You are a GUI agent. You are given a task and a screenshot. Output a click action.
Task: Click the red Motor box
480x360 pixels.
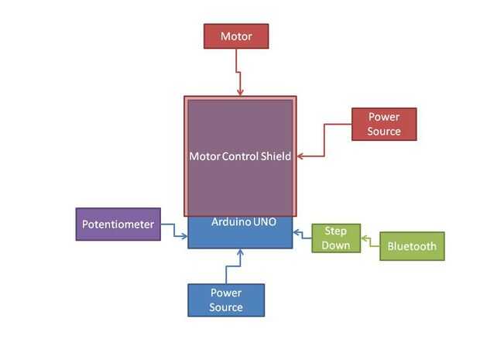pos(236,36)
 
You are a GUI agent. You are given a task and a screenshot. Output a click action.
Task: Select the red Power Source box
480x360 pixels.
pos(384,124)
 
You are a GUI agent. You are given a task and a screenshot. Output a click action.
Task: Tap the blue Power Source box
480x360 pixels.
pos(226,300)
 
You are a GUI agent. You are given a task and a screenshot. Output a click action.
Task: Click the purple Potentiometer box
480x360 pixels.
pos(118,224)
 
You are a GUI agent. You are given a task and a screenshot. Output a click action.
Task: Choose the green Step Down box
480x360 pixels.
pos(336,238)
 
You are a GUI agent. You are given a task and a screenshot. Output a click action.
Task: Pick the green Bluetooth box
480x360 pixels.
pos(412,246)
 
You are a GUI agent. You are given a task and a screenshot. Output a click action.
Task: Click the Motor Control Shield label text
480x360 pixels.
pos(240,156)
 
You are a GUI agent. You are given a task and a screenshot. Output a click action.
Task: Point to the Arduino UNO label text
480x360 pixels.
pos(244,221)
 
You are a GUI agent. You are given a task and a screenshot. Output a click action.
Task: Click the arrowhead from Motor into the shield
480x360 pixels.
pos(240,92)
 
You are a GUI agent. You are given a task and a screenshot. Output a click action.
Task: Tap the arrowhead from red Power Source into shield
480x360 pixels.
pos(300,156)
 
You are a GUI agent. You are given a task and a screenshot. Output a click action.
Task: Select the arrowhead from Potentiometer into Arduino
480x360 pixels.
pos(184,236)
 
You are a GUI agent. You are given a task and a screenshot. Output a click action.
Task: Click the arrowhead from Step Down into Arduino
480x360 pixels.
pos(296,233)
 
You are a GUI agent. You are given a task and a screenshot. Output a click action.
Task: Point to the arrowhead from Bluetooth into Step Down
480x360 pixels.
pos(364,238)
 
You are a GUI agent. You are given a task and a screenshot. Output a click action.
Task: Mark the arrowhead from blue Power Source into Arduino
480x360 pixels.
pos(240,252)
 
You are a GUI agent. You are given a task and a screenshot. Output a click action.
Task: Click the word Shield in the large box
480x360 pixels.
pos(276,156)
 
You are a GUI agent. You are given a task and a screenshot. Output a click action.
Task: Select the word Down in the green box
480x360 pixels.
pos(336,245)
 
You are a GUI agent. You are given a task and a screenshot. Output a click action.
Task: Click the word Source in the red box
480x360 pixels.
pos(384,132)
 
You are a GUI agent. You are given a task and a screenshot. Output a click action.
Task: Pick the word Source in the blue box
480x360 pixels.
pos(226,307)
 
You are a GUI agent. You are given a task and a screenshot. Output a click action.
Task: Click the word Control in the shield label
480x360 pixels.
pos(240,156)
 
